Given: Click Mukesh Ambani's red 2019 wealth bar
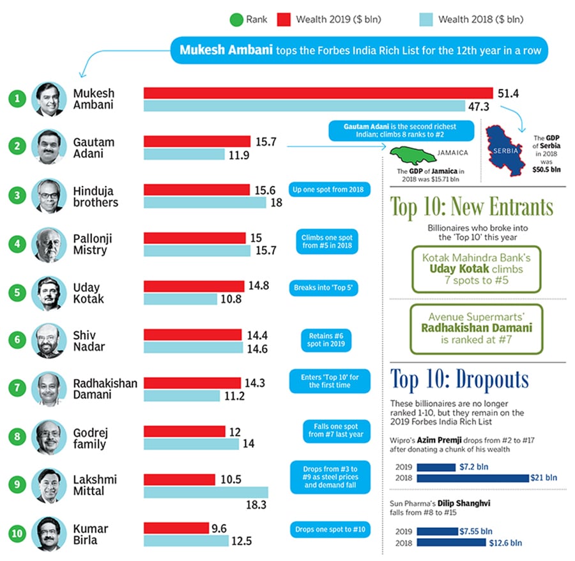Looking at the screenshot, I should pos(318,93).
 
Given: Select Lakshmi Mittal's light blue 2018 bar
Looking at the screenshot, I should pos(206,492).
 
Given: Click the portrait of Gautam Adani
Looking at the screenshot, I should pos(49,148).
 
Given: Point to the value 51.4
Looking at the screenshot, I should pos(509,93).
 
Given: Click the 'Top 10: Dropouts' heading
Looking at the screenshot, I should pos(460,380).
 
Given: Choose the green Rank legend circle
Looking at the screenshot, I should pos(236,20).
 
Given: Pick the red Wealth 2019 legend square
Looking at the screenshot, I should pos(284,20).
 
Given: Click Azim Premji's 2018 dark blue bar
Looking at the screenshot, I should pos(473,477).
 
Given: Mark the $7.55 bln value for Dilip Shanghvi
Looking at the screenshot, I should pos(476,531).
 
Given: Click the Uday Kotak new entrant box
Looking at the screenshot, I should pos(477,270).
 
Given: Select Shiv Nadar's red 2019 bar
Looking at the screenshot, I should pos(193,335).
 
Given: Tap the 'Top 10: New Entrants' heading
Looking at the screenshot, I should pos(471,208).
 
